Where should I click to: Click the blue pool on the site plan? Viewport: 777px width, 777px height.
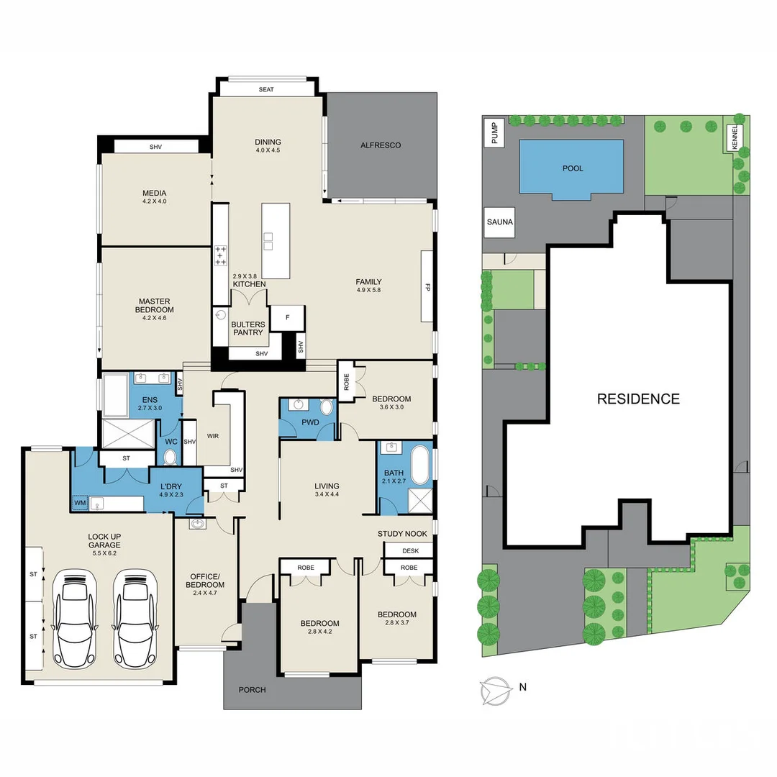point(571,167)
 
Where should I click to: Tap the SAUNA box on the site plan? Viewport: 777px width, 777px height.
point(499,222)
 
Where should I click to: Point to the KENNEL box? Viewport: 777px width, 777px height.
point(735,135)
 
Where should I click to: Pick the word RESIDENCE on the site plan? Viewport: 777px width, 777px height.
point(638,399)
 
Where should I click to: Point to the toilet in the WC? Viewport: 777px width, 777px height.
point(171,457)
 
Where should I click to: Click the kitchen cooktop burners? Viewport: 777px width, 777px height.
point(220,256)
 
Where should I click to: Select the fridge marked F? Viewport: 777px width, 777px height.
point(288,317)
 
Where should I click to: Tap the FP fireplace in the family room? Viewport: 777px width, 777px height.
point(427,286)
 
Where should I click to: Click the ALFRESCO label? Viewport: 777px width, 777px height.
point(381,145)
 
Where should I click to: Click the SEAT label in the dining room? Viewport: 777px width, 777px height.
point(267,89)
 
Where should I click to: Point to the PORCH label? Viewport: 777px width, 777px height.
point(252,690)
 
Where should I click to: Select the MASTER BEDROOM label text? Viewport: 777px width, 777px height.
point(155,305)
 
